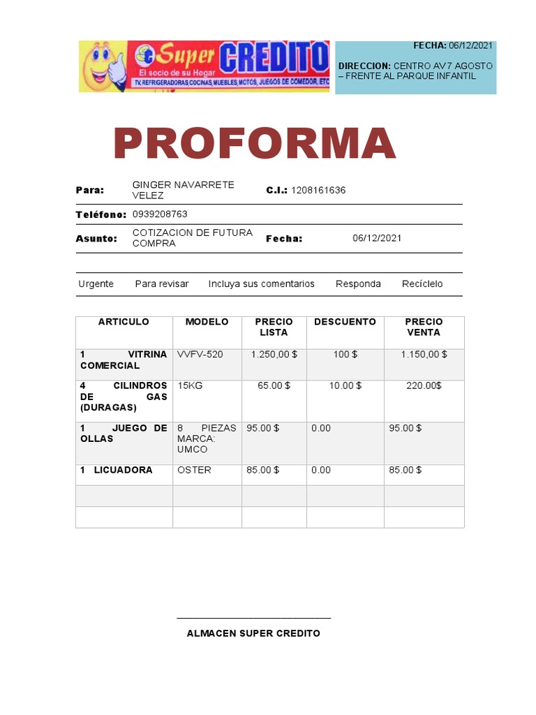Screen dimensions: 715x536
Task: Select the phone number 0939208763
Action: point(160,214)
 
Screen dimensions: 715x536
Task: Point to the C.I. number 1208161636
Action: point(318,190)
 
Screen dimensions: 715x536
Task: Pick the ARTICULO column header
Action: point(124,322)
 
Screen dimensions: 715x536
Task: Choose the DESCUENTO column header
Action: point(345,322)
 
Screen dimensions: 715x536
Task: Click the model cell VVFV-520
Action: point(200,355)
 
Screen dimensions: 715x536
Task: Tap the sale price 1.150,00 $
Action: point(424,355)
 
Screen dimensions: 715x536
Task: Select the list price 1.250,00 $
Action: point(274,355)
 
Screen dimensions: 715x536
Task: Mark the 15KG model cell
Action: point(190,385)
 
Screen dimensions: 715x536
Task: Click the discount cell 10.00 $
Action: point(345,385)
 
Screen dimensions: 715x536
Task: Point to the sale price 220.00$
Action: point(424,385)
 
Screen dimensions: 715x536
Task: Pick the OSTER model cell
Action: point(194,470)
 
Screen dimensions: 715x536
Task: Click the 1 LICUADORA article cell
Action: point(117,470)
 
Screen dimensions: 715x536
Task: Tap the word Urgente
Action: point(96,284)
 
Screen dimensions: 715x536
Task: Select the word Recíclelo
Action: point(422,284)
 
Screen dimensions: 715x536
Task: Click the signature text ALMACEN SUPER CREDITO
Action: point(253,633)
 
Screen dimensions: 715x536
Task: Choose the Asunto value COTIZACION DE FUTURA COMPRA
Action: point(192,238)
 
